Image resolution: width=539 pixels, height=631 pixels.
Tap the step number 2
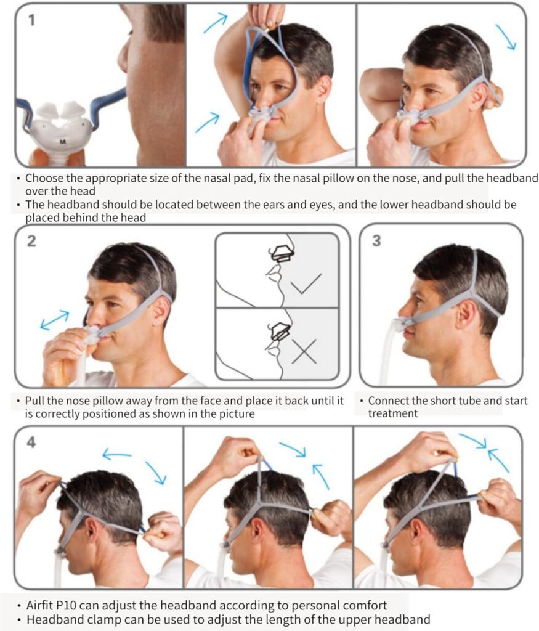tap(31, 241)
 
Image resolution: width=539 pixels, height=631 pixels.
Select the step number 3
tap(376, 241)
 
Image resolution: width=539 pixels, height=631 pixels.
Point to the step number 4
tap(31, 442)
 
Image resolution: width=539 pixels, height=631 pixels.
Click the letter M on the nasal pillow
tap(63, 142)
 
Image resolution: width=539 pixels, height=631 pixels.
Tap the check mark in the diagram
tap(306, 283)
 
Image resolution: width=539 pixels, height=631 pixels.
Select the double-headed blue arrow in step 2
tap(55, 320)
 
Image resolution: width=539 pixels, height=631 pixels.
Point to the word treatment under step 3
tap(393, 413)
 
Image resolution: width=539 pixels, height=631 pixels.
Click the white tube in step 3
tap(387, 354)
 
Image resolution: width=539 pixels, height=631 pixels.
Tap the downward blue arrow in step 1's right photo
tap(506, 37)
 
